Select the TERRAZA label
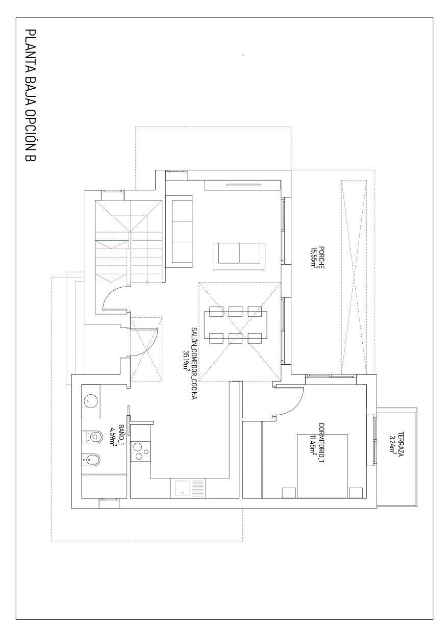[401, 445]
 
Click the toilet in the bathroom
[92, 437]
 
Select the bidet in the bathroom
[92, 461]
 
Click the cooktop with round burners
[141, 451]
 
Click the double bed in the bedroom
[322, 466]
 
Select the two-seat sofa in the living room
[239, 255]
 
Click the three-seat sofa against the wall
[182, 233]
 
